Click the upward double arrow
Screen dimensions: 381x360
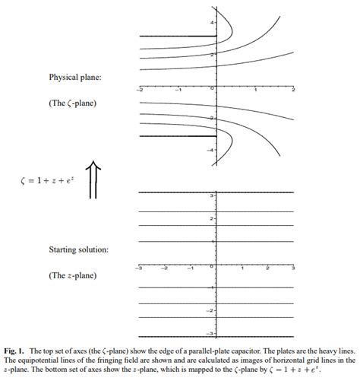click(x=93, y=180)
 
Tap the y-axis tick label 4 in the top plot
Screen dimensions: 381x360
click(x=213, y=24)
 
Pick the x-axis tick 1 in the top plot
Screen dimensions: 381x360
click(x=256, y=90)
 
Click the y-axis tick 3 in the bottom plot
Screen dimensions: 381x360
click(x=213, y=195)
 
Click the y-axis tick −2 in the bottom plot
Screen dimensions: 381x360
click(x=212, y=311)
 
